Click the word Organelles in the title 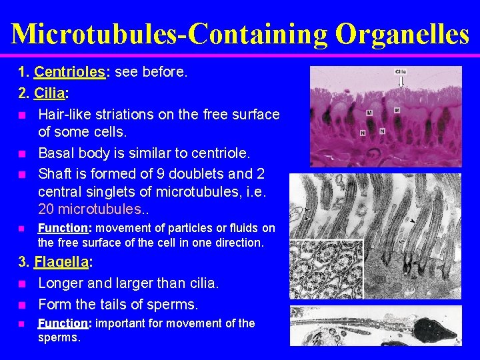pyautogui.click(x=402, y=33)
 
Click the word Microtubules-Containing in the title pyautogui.click(x=171, y=33)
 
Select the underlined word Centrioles pyautogui.click(x=69, y=71)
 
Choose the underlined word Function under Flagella pyautogui.click(x=63, y=323)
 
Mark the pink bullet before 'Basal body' pyautogui.click(x=21, y=155)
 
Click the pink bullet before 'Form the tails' pyautogui.click(x=21, y=305)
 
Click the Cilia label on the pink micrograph pyautogui.click(x=401, y=72)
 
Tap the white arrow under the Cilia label pyautogui.click(x=401, y=81)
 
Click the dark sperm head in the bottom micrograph pyautogui.click(x=435, y=327)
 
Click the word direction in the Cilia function pyautogui.click(x=239, y=243)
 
